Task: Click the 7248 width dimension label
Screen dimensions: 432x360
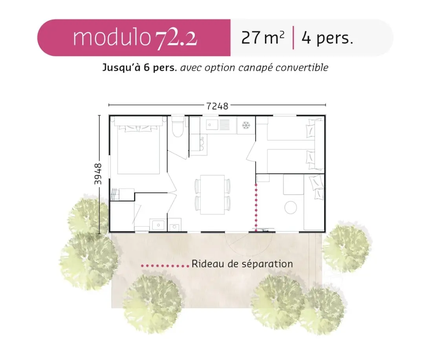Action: (x=218, y=106)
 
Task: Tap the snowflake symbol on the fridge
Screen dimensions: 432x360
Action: (x=246, y=125)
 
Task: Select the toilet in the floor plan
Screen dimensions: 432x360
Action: (x=178, y=127)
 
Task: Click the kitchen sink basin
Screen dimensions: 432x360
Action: (x=212, y=125)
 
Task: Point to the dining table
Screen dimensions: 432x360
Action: (x=212, y=194)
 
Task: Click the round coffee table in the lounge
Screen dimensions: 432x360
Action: (x=291, y=207)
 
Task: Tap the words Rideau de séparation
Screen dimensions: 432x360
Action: (x=242, y=264)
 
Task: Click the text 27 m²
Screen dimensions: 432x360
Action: (x=263, y=38)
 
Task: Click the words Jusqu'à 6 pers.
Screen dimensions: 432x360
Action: (x=139, y=68)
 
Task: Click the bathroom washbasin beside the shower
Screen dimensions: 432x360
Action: (x=158, y=225)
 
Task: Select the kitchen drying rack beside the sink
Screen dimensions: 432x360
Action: (x=225, y=124)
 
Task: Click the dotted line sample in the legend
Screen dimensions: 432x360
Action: (x=165, y=266)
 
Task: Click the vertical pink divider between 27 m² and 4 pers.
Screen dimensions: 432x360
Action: (x=293, y=38)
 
